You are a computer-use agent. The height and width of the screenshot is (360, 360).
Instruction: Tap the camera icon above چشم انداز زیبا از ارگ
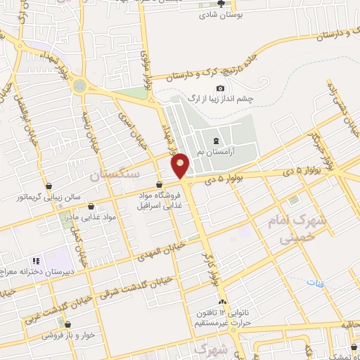(221, 88)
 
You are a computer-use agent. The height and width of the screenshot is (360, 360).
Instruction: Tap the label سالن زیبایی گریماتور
(50, 197)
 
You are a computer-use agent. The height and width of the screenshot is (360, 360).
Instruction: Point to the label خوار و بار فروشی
(67, 335)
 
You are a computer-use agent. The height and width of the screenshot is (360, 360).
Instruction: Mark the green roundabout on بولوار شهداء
(79, 86)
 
